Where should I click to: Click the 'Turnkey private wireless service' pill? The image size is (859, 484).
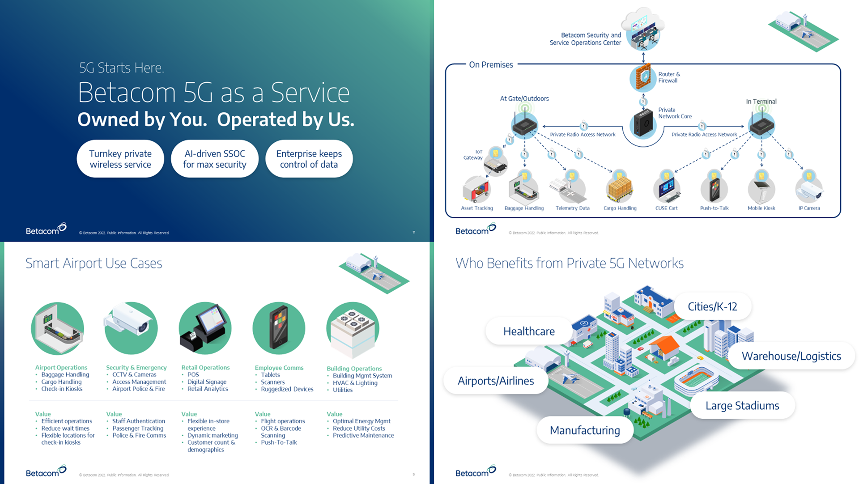click(120, 159)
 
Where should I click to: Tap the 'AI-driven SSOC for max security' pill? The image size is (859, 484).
click(215, 159)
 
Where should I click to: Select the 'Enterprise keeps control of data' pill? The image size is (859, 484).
click(309, 159)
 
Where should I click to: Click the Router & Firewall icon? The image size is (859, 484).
click(643, 78)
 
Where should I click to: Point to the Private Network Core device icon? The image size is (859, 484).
click(643, 124)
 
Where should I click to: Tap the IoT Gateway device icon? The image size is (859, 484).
click(495, 166)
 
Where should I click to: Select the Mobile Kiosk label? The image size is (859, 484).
click(761, 208)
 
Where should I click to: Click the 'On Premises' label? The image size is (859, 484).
click(491, 65)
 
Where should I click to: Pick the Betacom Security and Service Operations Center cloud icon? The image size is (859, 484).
click(643, 31)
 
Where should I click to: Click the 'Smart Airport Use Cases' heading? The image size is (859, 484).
click(94, 263)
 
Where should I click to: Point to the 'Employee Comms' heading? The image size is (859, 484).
click(279, 368)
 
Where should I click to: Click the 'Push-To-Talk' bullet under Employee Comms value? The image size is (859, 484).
click(279, 442)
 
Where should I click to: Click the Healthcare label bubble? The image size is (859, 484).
click(529, 331)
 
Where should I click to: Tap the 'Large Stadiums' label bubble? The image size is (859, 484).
click(742, 406)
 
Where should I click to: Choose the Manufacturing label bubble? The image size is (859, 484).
click(585, 430)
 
